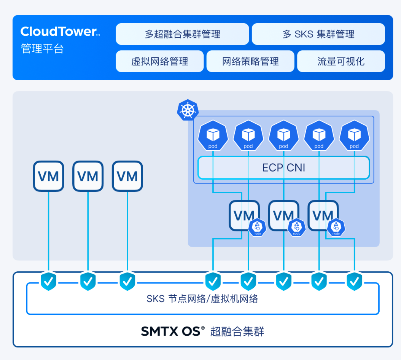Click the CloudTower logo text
coord(59,32)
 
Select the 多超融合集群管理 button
coord(182,34)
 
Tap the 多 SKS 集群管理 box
coord(318,34)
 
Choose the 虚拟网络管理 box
coord(160,61)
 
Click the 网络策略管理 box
coord(250,61)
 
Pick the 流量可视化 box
coord(341,61)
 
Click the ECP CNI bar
coord(283,168)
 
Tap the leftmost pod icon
coord(213,135)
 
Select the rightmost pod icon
coord(354,135)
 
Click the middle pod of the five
coord(283,135)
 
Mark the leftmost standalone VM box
coord(48,176)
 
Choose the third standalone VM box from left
coord(127,176)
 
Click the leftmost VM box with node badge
coord(243,215)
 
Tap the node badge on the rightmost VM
coord(336,228)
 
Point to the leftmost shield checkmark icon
coord(48,281)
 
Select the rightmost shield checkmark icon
coord(354,281)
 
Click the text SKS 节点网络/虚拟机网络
coord(202,299)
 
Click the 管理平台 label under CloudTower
coord(43,49)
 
